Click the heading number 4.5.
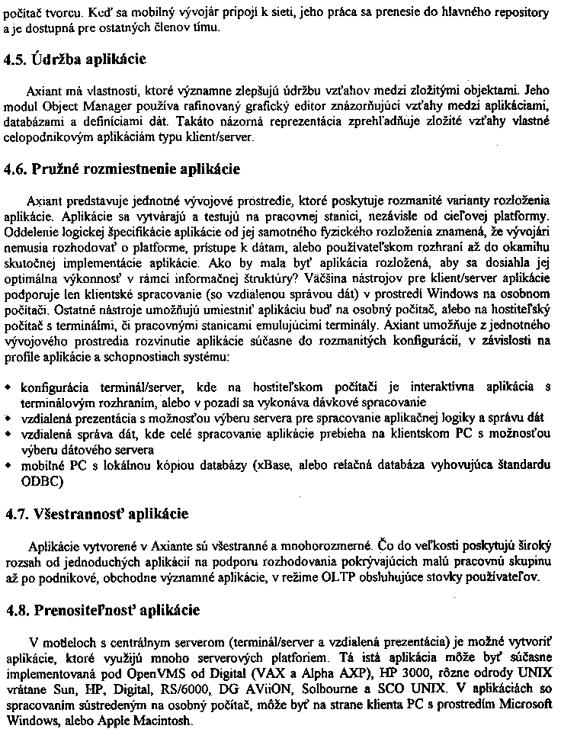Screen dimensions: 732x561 pyautogui.click(x=17, y=59)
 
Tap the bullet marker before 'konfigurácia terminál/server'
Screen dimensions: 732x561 pyautogui.click(x=8, y=387)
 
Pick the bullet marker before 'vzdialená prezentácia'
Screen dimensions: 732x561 pyautogui.click(x=8, y=418)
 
